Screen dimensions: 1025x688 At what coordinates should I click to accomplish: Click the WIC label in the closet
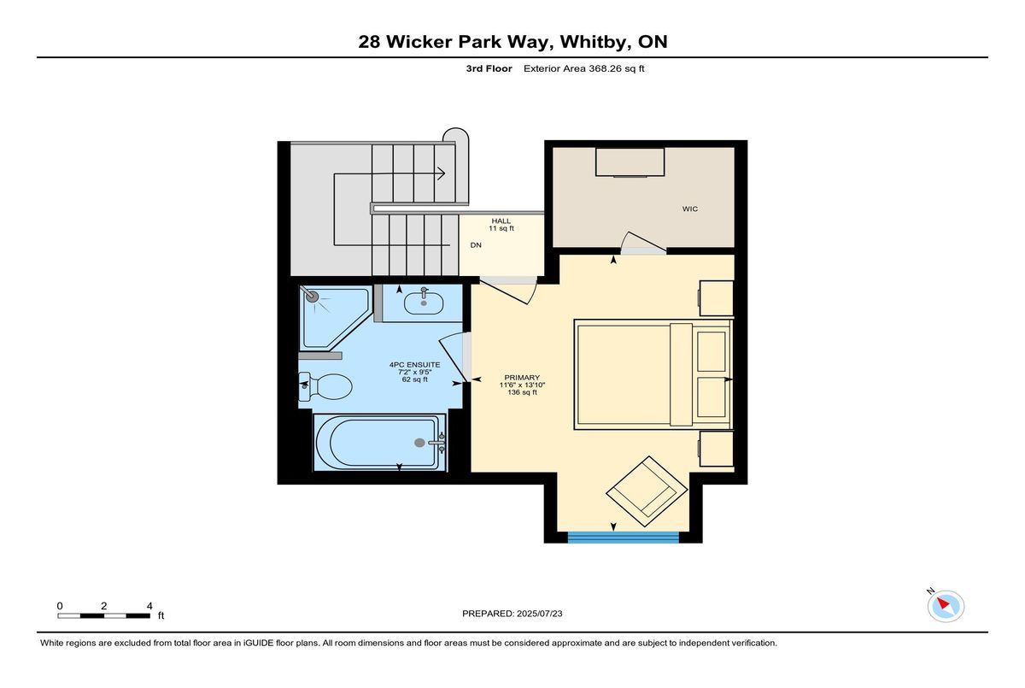click(689, 209)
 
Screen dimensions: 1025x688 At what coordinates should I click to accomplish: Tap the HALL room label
click(501, 221)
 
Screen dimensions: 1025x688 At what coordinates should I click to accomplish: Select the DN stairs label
click(476, 245)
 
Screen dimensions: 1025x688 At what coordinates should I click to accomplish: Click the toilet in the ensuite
click(325, 386)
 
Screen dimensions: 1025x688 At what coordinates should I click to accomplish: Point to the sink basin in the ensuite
click(424, 303)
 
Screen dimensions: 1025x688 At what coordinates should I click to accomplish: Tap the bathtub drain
click(419, 443)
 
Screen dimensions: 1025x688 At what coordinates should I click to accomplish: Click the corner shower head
click(312, 296)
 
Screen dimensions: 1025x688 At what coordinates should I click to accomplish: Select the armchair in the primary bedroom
click(647, 491)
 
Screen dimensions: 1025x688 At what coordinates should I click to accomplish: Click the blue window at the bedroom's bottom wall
click(623, 538)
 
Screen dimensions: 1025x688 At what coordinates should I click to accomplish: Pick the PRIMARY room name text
click(522, 378)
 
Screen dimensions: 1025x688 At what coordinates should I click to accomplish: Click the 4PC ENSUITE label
click(414, 365)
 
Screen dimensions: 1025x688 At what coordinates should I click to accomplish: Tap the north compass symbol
click(946, 606)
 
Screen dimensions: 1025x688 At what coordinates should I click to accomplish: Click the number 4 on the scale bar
click(149, 606)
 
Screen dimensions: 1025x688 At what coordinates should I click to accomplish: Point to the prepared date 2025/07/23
click(540, 614)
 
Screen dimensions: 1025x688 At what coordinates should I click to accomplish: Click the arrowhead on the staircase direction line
click(441, 174)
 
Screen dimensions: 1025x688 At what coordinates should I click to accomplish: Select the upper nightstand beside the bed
click(716, 298)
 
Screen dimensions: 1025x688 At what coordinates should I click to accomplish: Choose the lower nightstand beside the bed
click(716, 449)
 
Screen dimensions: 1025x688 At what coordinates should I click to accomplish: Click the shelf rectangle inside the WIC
click(630, 162)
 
